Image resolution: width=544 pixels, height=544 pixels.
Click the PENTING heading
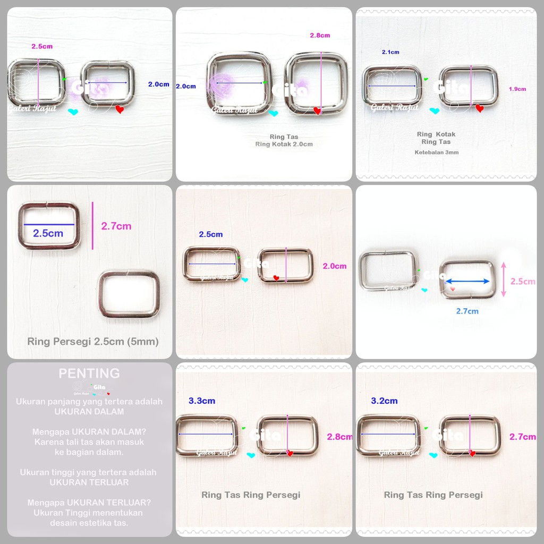point(89,373)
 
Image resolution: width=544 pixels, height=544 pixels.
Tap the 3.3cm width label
point(202,401)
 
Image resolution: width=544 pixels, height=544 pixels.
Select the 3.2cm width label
point(385,401)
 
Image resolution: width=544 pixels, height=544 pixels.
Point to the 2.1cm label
point(390,52)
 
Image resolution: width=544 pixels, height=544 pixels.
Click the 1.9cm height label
point(517,89)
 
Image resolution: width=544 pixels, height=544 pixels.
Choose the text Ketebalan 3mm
point(436,152)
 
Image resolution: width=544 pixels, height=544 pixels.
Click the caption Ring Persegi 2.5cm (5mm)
point(93,342)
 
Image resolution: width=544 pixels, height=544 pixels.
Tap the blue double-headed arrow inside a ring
point(467,281)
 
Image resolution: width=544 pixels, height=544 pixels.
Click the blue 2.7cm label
point(467,311)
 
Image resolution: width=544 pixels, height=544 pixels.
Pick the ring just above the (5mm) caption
point(129,294)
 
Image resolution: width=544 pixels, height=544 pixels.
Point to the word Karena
point(48,442)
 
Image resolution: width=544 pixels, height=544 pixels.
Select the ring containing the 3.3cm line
point(207,436)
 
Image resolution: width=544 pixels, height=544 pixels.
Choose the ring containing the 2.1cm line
point(392,86)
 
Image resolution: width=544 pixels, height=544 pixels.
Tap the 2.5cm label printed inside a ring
point(48,233)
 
